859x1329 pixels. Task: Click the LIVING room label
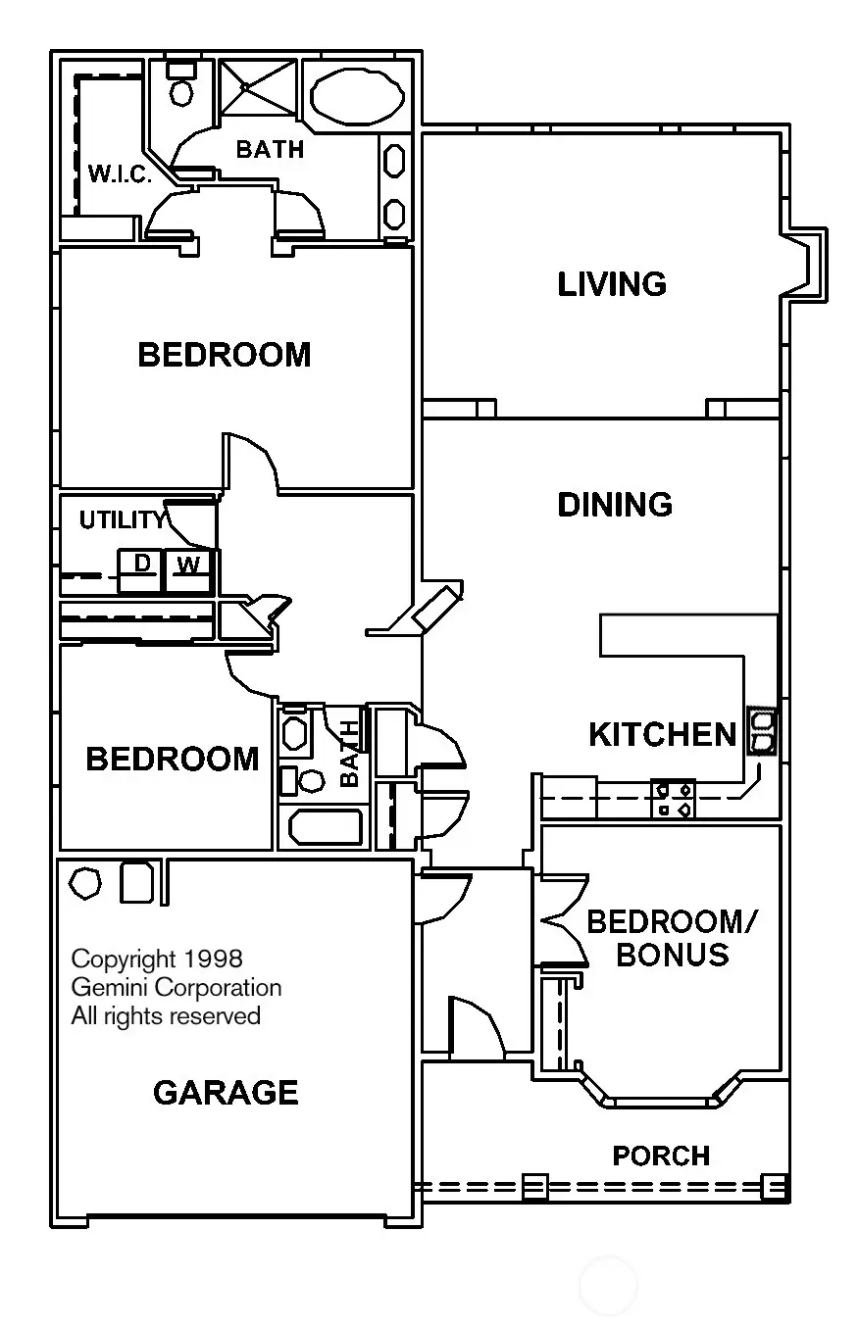[612, 284]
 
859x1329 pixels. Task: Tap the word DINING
[615, 505]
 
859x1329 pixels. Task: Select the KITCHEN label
[662, 734]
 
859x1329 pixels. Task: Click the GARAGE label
[226, 1092]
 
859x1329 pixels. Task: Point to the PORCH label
[661, 1157]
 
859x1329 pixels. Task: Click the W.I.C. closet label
[119, 175]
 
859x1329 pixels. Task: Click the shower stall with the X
[257, 87]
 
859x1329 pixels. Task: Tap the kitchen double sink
[762, 732]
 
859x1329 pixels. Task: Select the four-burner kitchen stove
[674, 798]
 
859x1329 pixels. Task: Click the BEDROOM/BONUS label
[673, 938]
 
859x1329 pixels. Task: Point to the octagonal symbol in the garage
[85, 882]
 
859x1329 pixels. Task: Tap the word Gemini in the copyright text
[105, 987]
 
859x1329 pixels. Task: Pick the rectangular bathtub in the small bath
[323, 828]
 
